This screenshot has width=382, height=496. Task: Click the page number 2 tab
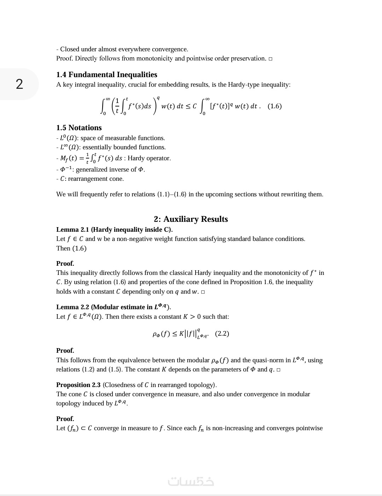coord(19,84)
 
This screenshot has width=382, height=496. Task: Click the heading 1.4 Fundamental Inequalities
coord(106,75)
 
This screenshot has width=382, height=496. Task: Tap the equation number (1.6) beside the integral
coord(274,106)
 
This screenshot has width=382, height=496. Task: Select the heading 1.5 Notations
coord(79,128)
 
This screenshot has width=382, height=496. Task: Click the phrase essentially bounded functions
coord(124,147)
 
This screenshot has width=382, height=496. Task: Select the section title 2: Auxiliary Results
coord(191,219)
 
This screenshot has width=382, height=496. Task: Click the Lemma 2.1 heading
coord(114,230)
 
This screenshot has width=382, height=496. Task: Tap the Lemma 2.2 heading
coord(113,307)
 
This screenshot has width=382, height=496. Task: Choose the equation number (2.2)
coord(222,334)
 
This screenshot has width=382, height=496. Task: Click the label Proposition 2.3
coord(78,385)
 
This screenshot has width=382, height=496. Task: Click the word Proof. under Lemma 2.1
coord(65,264)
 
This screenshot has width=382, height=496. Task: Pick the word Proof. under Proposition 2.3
coord(65,419)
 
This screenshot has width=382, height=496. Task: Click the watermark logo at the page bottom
coord(191,481)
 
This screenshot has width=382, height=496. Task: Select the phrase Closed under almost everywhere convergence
coord(124,49)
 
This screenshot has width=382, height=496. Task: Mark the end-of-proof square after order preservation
coord(271,59)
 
